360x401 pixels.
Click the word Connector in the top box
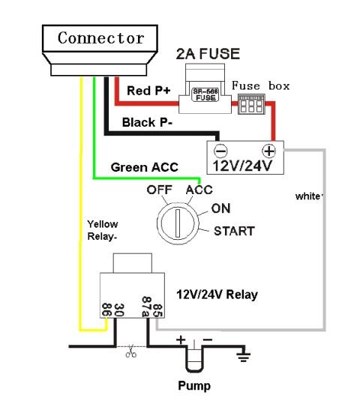(100, 38)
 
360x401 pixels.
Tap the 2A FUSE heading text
(208, 54)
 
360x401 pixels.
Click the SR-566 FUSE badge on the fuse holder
(205, 94)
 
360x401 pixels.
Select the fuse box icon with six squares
(251, 104)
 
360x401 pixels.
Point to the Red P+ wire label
(148, 91)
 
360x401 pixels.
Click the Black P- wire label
(148, 122)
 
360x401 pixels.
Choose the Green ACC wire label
(144, 167)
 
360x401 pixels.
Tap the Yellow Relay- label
(103, 230)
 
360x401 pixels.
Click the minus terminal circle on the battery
(220, 151)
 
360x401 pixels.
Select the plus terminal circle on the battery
(269, 151)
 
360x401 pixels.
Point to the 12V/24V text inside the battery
(242, 166)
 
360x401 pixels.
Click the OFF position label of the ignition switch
(159, 190)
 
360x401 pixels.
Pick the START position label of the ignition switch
(234, 231)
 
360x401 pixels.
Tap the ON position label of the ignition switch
(220, 208)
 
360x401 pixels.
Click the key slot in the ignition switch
(178, 223)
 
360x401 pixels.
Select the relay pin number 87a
(146, 307)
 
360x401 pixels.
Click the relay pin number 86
(106, 310)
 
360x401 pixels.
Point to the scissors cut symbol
(130, 352)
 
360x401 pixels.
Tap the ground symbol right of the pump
(243, 355)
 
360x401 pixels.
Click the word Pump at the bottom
(194, 386)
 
